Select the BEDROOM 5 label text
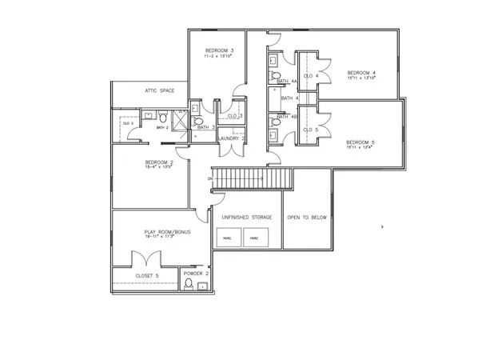[360, 142]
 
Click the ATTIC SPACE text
[160, 90]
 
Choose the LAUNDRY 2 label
[231, 138]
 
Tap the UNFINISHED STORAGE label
[246, 217]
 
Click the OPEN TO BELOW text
[307, 217]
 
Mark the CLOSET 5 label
[147, 275]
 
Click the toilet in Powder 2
[189, 284]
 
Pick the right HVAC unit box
[255, 238]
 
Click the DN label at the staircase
[209, 179]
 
